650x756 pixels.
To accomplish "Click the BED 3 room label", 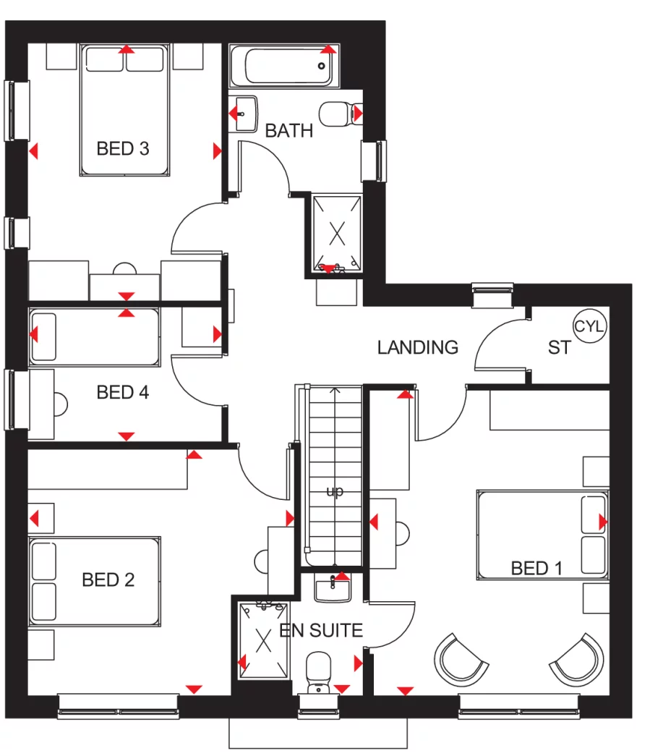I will coord(123,149).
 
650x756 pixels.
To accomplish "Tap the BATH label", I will coord(289,131).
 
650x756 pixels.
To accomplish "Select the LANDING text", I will coord(418,347).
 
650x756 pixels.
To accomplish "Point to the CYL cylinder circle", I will coord(590,326).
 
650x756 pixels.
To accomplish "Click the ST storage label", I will coord(559,348).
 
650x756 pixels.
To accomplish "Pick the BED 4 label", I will coord(123,393).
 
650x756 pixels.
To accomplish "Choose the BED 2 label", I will coord(108,579).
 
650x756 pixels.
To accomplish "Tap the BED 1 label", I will coord(536,569).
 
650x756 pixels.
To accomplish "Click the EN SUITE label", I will coord(321,631).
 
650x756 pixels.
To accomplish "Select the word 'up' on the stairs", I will coord(334,492).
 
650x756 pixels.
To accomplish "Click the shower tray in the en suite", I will coord(263,640).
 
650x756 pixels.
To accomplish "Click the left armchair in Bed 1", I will coord(459,658).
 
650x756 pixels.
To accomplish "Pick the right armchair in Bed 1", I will coord(577,658).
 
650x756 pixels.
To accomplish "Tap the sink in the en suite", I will coord(333,587).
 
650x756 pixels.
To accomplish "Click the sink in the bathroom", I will coord(246,114).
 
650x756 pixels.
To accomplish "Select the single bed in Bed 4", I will coord(94,337).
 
